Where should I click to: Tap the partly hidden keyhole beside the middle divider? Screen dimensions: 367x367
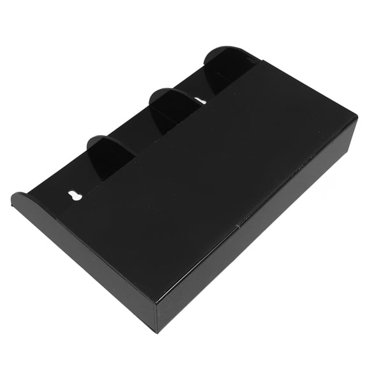pyautogui.click(x=200, y=101)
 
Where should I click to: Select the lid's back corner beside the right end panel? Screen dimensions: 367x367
pyautogui.click(x=260, y=61)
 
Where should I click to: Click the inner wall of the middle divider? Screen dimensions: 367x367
pyautogui.click(x=164, y=115)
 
